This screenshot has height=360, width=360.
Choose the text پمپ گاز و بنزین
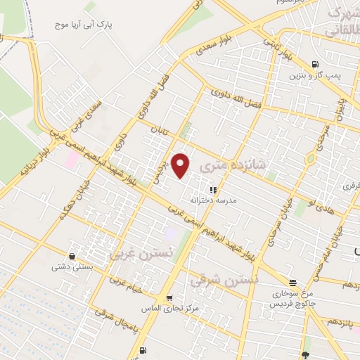317,75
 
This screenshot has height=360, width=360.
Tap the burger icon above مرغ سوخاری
292,283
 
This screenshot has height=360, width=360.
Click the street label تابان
154,131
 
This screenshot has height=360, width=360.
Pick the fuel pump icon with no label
143,349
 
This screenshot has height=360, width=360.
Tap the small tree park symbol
305,354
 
